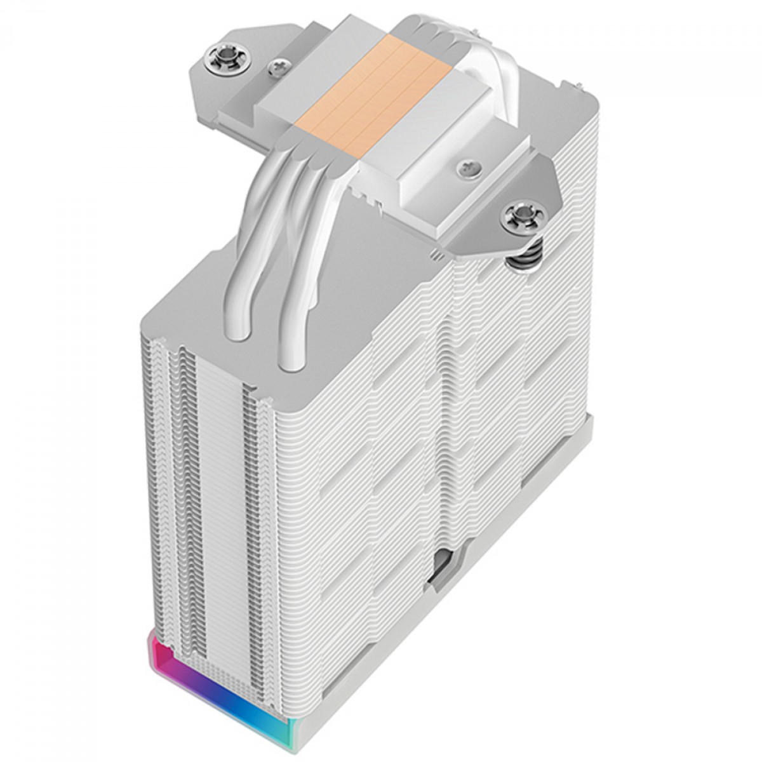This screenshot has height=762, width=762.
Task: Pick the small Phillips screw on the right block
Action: [x=466, y=168]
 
